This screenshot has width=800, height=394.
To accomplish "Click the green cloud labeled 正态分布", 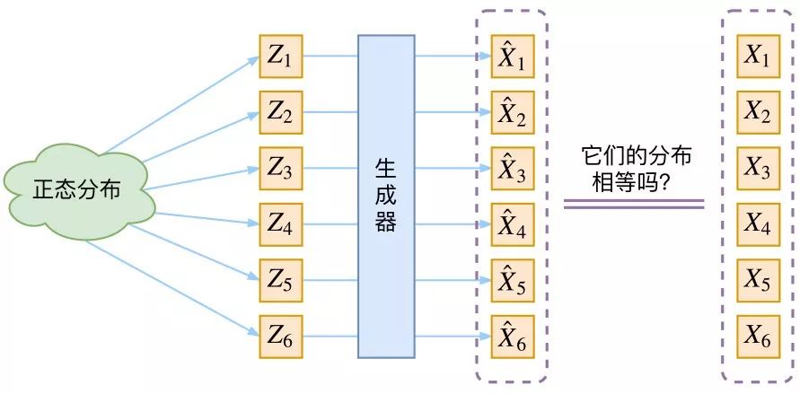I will [78, 192].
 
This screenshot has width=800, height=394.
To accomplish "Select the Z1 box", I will [281, 58].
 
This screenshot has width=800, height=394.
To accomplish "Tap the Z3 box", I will [281, 170].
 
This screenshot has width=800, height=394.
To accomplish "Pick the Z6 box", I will [281, 337].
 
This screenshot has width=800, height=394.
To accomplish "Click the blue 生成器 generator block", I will [386, 197].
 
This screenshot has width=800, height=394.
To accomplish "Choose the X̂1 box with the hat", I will [512, 58].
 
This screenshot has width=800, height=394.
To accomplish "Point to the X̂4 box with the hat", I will [512, 225].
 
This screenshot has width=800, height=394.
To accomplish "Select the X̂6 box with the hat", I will [512, 337].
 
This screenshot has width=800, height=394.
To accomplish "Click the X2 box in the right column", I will [758, 114].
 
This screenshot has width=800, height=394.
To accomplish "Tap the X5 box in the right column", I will [758, 282].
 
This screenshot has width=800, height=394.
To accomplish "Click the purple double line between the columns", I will [634, 205].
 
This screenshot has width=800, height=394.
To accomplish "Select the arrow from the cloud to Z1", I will [180, 106].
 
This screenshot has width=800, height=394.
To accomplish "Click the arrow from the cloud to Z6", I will [171, 286].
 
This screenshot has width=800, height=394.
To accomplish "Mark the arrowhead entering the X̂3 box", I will [485, 170].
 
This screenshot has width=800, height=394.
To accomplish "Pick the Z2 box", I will [281, 114].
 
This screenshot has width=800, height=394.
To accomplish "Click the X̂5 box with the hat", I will [512, 282].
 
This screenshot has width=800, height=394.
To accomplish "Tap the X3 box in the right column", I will [758, 170].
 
